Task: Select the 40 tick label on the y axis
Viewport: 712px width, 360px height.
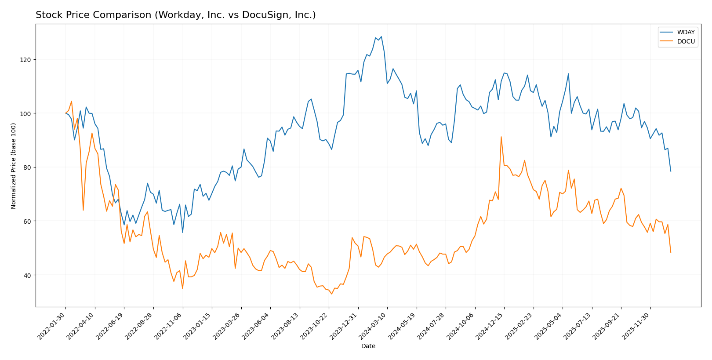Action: [27, 275]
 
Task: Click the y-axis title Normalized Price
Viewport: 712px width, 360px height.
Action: [14, 166]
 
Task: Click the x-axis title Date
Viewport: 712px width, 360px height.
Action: [368, 346]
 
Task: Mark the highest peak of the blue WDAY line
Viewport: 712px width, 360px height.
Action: [381, 36]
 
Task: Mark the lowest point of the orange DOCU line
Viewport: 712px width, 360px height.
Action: [331, 294]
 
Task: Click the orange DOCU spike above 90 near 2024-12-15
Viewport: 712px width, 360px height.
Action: [501, 137]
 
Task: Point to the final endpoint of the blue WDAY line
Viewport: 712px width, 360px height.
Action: [671, 171]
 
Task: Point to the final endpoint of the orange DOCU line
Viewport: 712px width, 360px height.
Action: [671, 252]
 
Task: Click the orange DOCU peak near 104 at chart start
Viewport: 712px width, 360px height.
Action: [71, 101]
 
